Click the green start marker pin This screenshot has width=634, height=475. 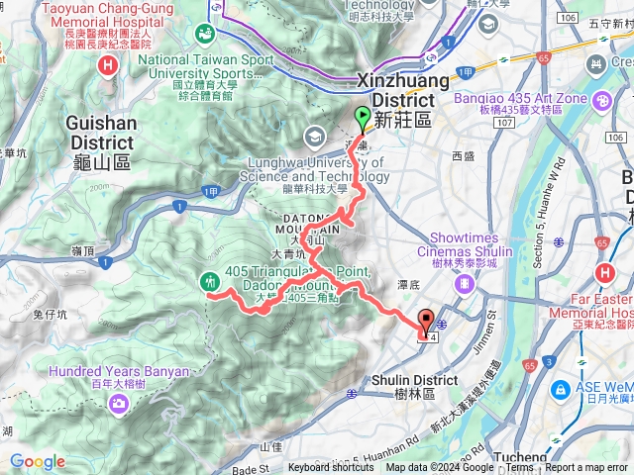coord(362,116)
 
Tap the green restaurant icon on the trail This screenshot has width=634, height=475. coord(210,281)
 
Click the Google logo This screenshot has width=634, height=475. coord(38,461)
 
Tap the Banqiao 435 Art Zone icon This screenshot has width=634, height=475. coord(601,100)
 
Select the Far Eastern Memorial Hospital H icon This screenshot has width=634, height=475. coord(604,273)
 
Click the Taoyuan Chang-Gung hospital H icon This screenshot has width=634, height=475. coord(107,65)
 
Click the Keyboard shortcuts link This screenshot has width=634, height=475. coord(332,468)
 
